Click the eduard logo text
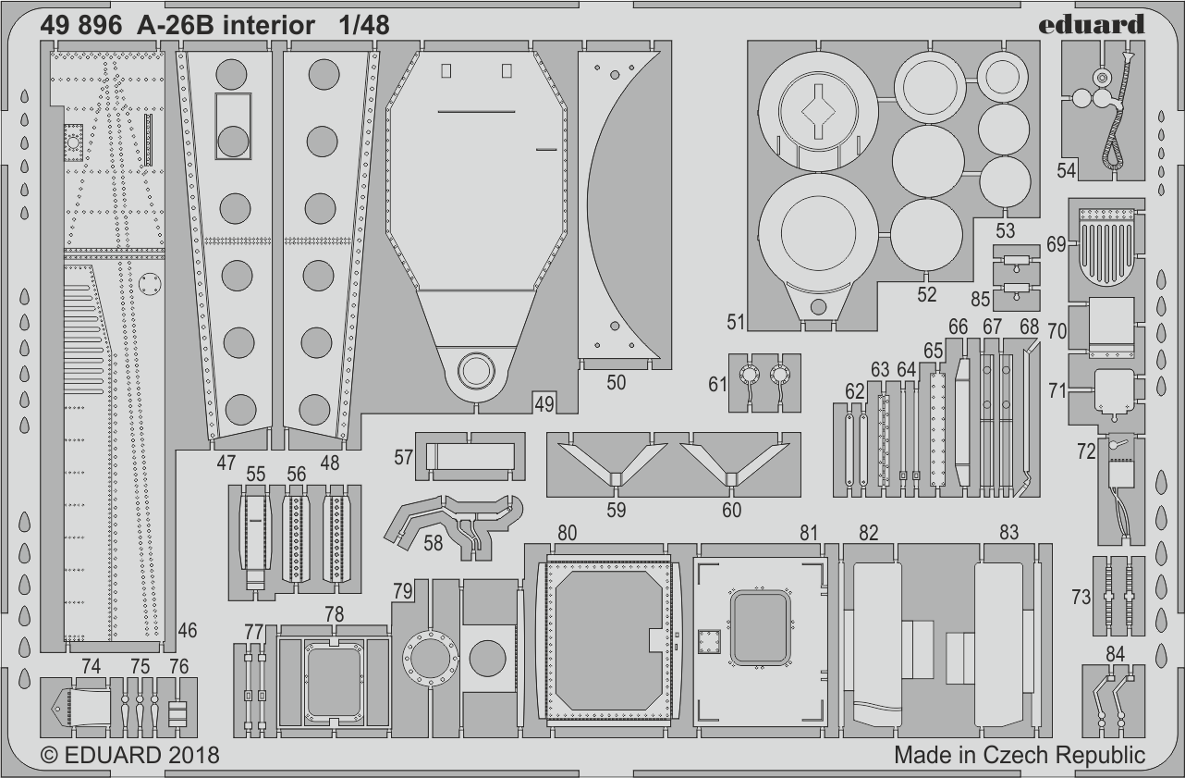pyautogui.click(x=1091, y=24)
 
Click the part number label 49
pyautogui.click(x=544, y=402)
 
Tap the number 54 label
pyautogui.click(x=1067, y=171)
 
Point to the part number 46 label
pyautogui.click(x=188, y=631)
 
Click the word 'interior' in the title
pyautogui.click(x=269, y=26)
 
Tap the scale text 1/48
pyautogui.click(x=363, y=26)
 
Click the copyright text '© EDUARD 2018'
pyautogui.click(x=129, y=755)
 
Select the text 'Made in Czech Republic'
pyautogui.click(x=1019, y=755)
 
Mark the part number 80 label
pyautogui.click(x=568, y=532)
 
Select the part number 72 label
pyautogui.click(x=1085, y=451)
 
